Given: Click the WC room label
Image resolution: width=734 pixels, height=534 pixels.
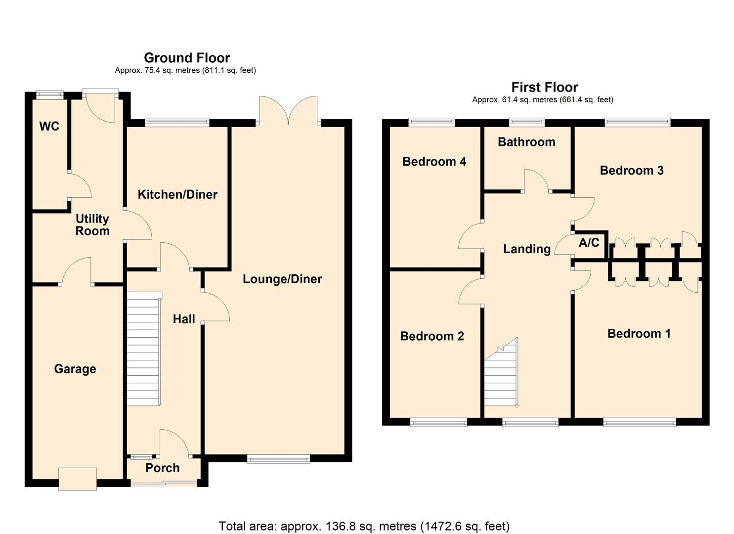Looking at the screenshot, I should [x=49, y=127].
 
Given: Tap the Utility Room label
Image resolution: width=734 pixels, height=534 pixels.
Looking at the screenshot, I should [x=92, y=225].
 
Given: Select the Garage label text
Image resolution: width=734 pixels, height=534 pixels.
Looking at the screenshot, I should [x=75, y=369].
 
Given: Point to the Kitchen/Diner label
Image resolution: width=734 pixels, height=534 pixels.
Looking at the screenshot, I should [x=177, y=194].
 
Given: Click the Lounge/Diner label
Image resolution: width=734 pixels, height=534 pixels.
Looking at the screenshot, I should [x=282, y=279].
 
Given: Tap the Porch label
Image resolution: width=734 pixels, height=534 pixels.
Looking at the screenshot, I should [x=162, y=468].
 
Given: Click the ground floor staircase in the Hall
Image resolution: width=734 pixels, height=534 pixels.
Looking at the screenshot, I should [x=143, y=349].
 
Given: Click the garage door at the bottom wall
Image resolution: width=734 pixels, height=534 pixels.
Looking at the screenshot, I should [x=78, y=479].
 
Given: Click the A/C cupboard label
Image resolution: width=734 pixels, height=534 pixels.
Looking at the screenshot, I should [x=589, y=243].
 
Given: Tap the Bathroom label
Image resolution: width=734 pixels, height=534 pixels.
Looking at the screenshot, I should [x=526, y=142].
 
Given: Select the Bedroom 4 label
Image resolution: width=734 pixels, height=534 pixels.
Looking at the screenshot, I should [x=434, y=162].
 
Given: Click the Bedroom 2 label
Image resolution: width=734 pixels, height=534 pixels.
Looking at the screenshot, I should [x=432, y=336].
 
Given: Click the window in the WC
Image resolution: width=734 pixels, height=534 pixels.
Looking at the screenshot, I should [x=50, y=94].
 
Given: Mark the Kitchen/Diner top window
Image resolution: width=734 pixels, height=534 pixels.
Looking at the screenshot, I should [x=177, y=122].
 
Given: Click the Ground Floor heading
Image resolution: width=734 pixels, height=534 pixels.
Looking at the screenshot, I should [x=187, y=58].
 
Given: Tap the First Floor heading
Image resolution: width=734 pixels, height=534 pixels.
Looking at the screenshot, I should [x=544, y=88].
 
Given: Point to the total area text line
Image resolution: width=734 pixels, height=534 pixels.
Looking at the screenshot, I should [x=364, y=526].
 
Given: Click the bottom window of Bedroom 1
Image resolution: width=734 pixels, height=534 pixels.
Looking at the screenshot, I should [x=639, y=422].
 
